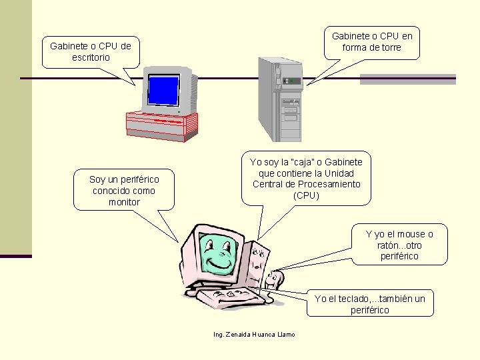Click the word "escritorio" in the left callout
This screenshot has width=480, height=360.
click(91, 57)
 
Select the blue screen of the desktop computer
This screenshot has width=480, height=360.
click(163, 91)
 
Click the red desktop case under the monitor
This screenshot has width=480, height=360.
click(162, 125)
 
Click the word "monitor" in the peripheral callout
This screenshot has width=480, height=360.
click(125, 201)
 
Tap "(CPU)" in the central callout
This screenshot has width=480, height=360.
click(306, 195)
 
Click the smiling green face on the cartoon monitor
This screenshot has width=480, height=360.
click(217, 251)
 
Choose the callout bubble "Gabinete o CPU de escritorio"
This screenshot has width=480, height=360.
click(91, 52)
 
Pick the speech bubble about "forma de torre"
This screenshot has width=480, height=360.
click(372, 41)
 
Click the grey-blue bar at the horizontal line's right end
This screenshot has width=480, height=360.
click(407, 79)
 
